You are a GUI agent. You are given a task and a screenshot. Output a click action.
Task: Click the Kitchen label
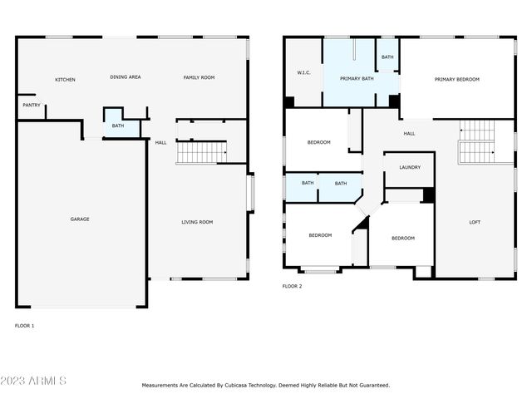coord(65,80)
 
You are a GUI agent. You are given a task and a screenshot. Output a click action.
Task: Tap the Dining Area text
coord(126,77)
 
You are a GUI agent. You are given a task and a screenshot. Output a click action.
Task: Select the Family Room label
coord(199,77)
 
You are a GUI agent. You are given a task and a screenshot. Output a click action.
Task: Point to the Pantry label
coord(31,106)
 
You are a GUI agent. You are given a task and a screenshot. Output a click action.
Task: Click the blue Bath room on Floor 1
coord(118,126)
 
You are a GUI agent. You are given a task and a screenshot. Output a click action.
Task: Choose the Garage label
coord(79,219)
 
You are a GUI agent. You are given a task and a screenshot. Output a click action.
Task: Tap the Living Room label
coord(197,222)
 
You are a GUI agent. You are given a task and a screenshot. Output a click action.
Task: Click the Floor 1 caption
coord(25,326)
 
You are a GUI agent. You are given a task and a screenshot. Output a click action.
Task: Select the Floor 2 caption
coord(292,286)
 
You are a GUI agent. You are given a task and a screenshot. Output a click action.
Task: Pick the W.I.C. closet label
coord(303,72)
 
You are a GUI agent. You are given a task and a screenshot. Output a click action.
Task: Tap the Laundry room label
coord(410,167)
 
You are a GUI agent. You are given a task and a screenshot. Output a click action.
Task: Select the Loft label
coord(475,222)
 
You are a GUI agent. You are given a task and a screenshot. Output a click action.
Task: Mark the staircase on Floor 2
coord(476,141)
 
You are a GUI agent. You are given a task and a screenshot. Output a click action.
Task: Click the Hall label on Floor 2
coord(409,133)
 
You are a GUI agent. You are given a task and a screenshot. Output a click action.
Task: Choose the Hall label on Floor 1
coord(160,142)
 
